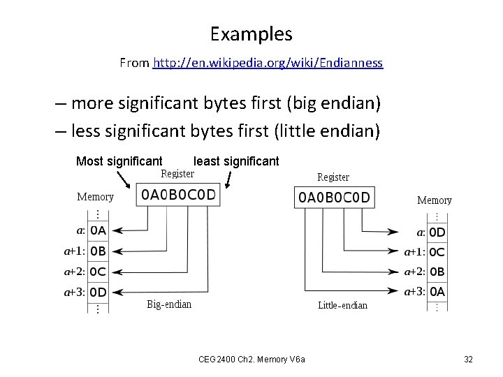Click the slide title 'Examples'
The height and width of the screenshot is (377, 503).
(x=251, y=34)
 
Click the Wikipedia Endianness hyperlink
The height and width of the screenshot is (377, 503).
(x=268, y=63)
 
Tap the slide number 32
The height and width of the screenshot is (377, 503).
(x=468, y=360)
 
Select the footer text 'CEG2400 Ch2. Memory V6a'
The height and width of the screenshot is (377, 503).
(x=256, y=360)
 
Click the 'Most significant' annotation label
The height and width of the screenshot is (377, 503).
(x=119, y=161)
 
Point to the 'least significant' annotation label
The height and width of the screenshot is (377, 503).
(x=236, y=161)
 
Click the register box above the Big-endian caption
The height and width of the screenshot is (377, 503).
(x=178, y=195)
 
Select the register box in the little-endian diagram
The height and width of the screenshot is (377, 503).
(x=335, y=198)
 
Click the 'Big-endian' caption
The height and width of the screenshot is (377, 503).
(x=169, y=304)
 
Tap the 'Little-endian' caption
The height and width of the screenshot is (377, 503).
(x=342, y=305)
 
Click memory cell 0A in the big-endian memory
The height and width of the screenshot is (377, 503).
(x=98, y=230)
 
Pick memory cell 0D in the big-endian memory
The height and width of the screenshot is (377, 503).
(x=98, y=292)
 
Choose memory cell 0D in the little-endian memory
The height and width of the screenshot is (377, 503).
(x=437, y=232)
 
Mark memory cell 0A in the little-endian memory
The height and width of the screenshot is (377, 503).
(x=437, y=292)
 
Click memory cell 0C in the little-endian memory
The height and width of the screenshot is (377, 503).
(x=437, y=252)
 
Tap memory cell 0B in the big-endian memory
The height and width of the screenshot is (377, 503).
(x=98, y=251)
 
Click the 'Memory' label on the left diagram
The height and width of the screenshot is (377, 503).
(x=95, y=197)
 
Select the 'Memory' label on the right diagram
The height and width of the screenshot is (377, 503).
(x=434, y=200)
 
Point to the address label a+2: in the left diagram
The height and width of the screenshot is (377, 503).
(x=75, y=272)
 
